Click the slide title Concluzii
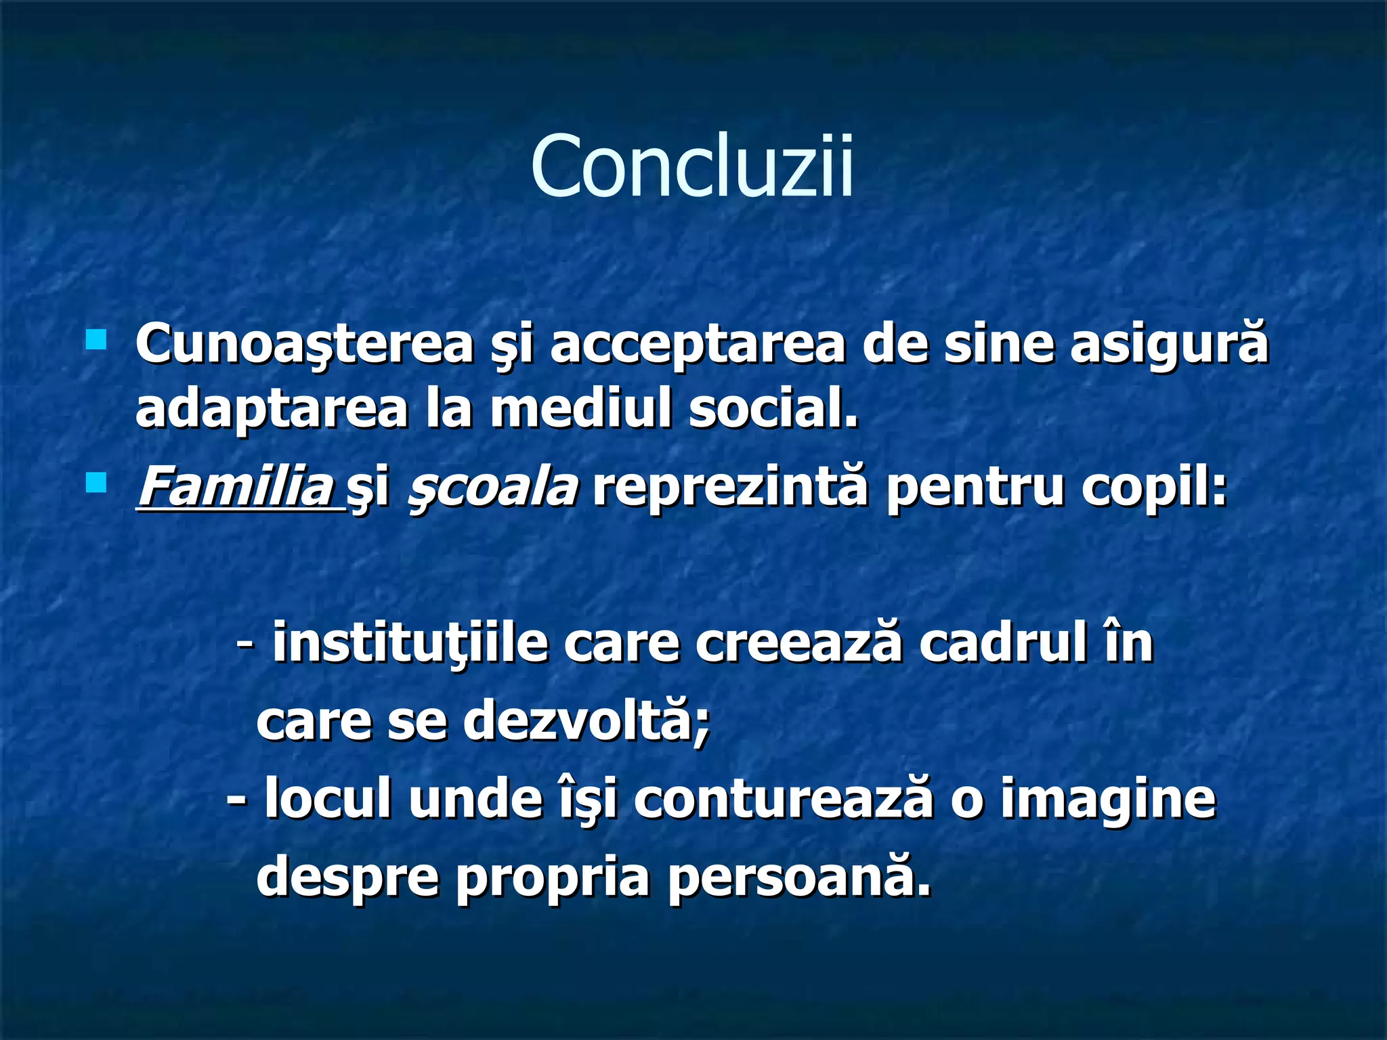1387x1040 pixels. coord(692,167)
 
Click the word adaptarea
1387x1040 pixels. coord(272,410)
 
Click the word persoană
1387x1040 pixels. coord(799,877)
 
